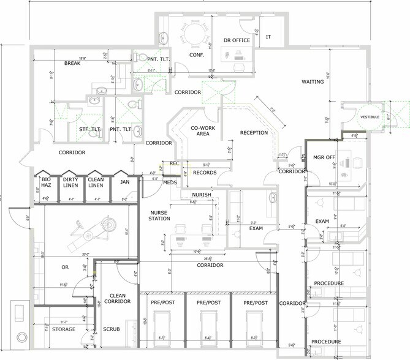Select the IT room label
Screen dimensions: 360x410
click(x=268, y=37)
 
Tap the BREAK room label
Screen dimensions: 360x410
click(x=72, y=64)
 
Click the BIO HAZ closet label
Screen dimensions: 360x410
click(x=46, y=182)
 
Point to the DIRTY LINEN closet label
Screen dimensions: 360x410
click(x=71, y=182)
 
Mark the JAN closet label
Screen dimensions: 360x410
click(x=124, y=182)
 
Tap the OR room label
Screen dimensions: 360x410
click(x=65, y=267)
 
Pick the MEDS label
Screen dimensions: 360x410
click(x=170, y=182)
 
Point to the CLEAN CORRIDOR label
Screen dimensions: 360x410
click(x=117, y=298)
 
